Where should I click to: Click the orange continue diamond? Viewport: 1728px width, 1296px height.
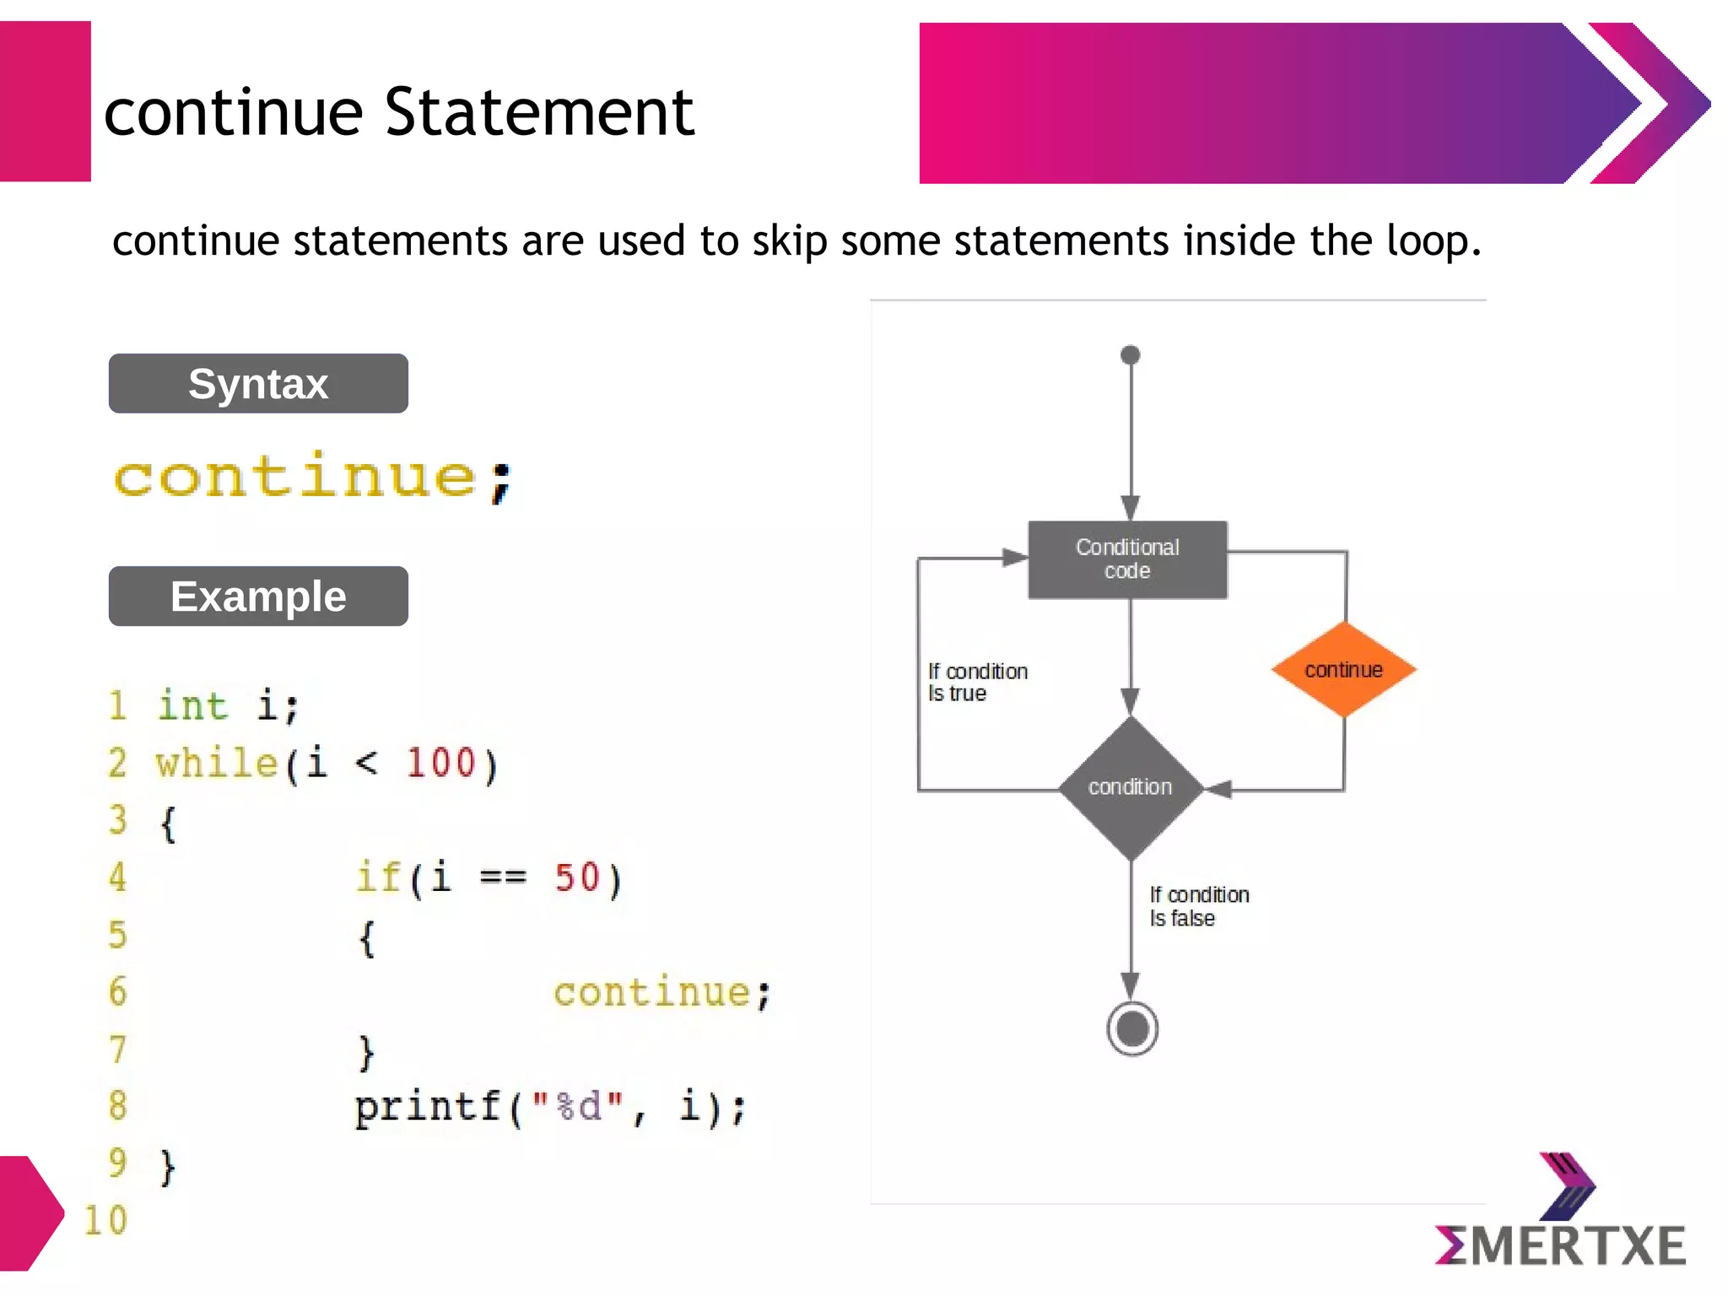click(1343, 670)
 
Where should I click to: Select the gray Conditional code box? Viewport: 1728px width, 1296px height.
click(1127, 559)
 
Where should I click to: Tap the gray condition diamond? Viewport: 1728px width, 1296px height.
click(1131, 787)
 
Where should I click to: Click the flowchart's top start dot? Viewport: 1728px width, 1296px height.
click(1131, 355)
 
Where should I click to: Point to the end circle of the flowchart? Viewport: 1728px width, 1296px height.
click(1131, 1029)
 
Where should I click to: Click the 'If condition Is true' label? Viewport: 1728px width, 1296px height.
click(977, 682)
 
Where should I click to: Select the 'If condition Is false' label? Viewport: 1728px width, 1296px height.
click(1198, 906)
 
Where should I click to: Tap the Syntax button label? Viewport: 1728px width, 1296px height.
click(258, 384)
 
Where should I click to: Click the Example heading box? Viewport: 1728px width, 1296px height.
click(258, 597)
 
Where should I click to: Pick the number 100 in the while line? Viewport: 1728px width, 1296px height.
click(441, 763)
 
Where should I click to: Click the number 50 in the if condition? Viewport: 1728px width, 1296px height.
click(577, 877)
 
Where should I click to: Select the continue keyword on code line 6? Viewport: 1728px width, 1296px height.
click(651, 992)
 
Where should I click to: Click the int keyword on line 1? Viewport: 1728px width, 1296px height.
click(192, 705)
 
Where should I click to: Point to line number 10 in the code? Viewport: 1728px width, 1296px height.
click(105, 1221)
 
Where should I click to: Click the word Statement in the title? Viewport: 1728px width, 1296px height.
click(539, 112)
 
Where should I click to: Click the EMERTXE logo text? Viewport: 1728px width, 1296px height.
click(1561, 1245)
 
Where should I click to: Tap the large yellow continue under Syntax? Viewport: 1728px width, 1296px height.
click(295, 477)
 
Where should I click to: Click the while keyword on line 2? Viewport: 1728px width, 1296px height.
click(217, 763)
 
